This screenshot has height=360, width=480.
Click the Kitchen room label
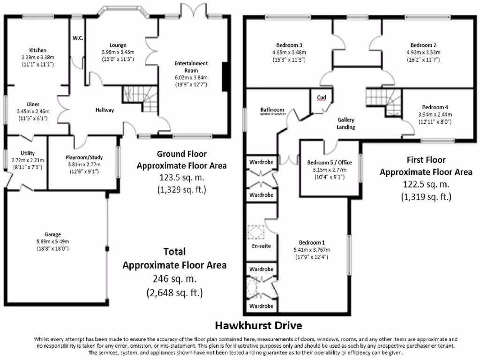[x=37, y=50]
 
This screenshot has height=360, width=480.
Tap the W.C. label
[x=78, y=38]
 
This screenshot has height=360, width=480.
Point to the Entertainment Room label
[x=191, y=67]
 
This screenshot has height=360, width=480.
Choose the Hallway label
[x=105, y=110]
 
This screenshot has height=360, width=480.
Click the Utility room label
[x=27, y=153]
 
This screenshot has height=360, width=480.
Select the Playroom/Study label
[x=84, y=157]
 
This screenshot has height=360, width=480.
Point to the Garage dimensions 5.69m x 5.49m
[x=53, y=241]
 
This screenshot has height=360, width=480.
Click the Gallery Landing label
[x=346, y=123]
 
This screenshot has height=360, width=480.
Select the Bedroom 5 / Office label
[x=329, y=163]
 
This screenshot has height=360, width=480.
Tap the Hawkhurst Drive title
[x=258, y=325]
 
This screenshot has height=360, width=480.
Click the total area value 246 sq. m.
[x=174, y=279]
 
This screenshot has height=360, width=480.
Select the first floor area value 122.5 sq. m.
[x=426, y=184]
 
